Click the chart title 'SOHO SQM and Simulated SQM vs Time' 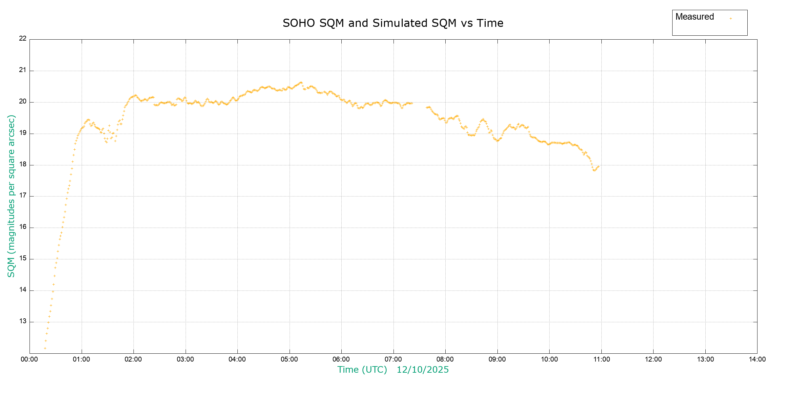point(393,23)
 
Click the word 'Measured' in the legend point(695,17)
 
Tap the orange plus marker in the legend point(731,18)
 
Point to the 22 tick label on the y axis point(23,38)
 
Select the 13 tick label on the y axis point(23,321)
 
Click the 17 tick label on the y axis point(23,196)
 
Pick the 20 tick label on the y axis point(23,101)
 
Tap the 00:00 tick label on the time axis point(30,359)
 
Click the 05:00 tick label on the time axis point(289,359)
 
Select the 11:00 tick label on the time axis point(601,359)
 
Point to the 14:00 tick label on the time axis point(757,359)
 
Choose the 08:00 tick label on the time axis point(445,359)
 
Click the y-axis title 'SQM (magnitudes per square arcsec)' point(11,196)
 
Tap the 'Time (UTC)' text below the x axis point(362,370)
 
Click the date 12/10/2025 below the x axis point(423,370)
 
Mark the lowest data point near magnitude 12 point(45,348)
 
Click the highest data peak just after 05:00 point(301,82)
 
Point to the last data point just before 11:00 point(598,167)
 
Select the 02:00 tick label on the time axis point(133,359)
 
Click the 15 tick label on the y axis point(23,258)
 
